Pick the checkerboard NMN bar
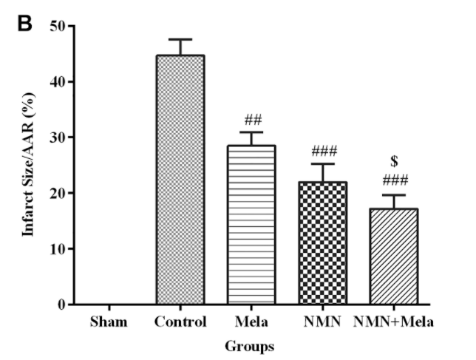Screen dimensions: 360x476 [322, 243]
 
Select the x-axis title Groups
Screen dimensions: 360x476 [250, 345]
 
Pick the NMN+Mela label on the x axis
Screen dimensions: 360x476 [393, 322]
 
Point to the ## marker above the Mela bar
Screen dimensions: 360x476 [251, 120]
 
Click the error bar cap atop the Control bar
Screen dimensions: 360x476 [180, 39]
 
